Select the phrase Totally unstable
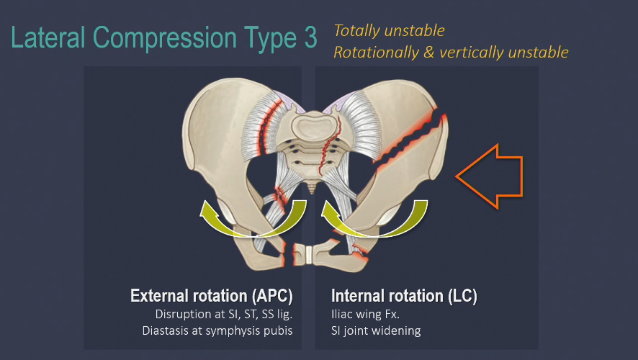pyautogui.click(x=389, y=31)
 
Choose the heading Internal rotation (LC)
pyautogui.click(x=404, y=296)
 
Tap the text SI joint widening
pyautogui.click(x=376, y=330)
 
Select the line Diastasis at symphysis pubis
pyautogui.click(x=237, y=330)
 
